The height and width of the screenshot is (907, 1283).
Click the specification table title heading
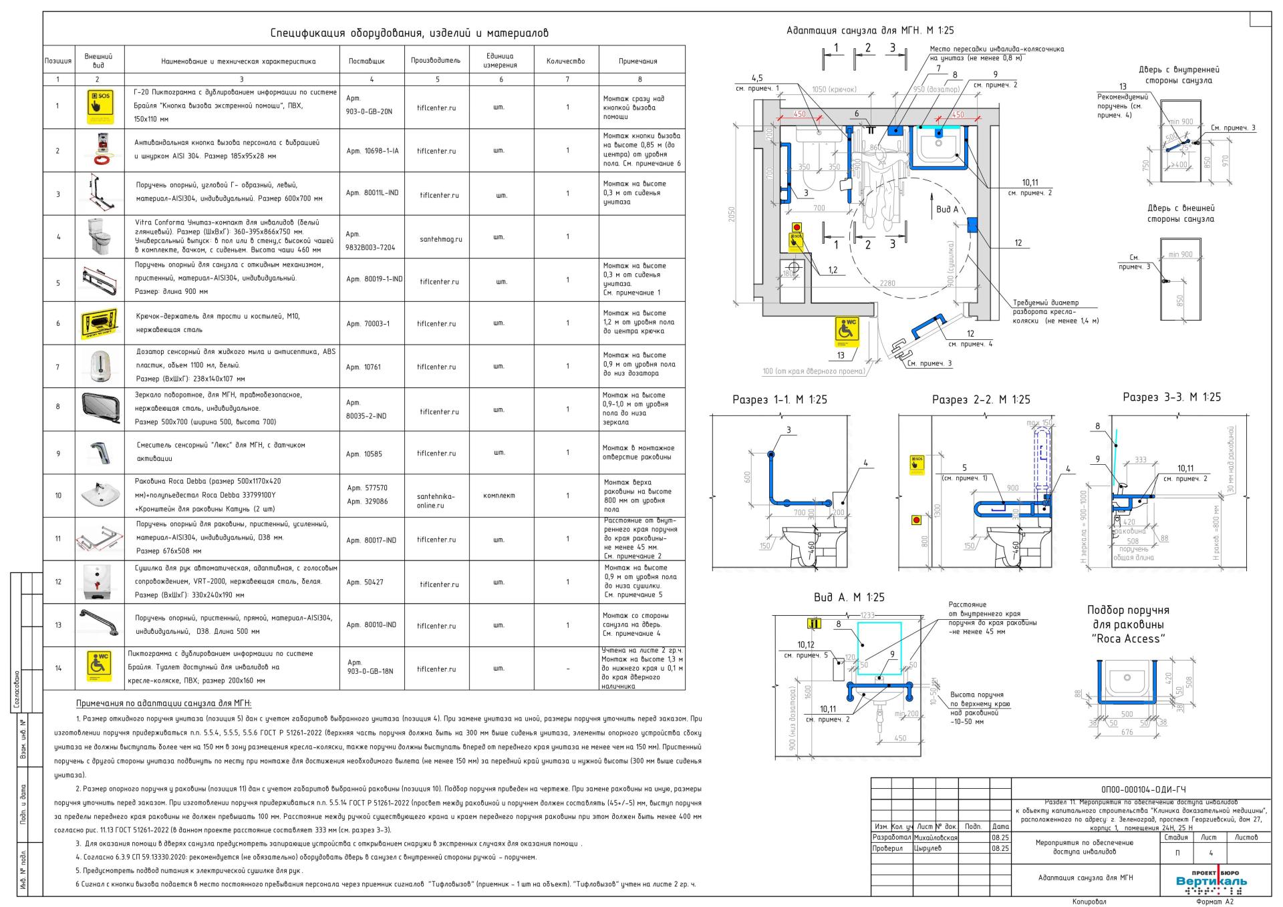(x=409, y=33)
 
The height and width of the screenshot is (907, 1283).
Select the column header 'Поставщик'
(x=367, y=61)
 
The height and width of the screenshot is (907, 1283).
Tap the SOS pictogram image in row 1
(x=99, y=107)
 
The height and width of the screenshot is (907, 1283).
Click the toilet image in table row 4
(x=99, y=236)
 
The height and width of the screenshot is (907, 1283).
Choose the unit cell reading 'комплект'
(x=499, y=496)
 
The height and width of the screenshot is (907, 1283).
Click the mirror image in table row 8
(x=99, y=409)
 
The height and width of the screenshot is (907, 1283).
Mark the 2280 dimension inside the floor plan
(x=887, y=283)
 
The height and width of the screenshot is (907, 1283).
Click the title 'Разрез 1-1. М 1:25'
(x=780, y=399)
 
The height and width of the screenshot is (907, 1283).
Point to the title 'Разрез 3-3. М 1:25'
(x=1171, y=397)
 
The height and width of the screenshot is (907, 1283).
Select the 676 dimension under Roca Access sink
(x=1127, y=732)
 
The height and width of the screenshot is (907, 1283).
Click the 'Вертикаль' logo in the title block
(x=1211, y=882)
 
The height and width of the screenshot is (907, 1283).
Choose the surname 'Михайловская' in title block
(x=935, y=837)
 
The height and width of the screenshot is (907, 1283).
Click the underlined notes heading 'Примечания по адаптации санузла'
(x=164, y=703)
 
